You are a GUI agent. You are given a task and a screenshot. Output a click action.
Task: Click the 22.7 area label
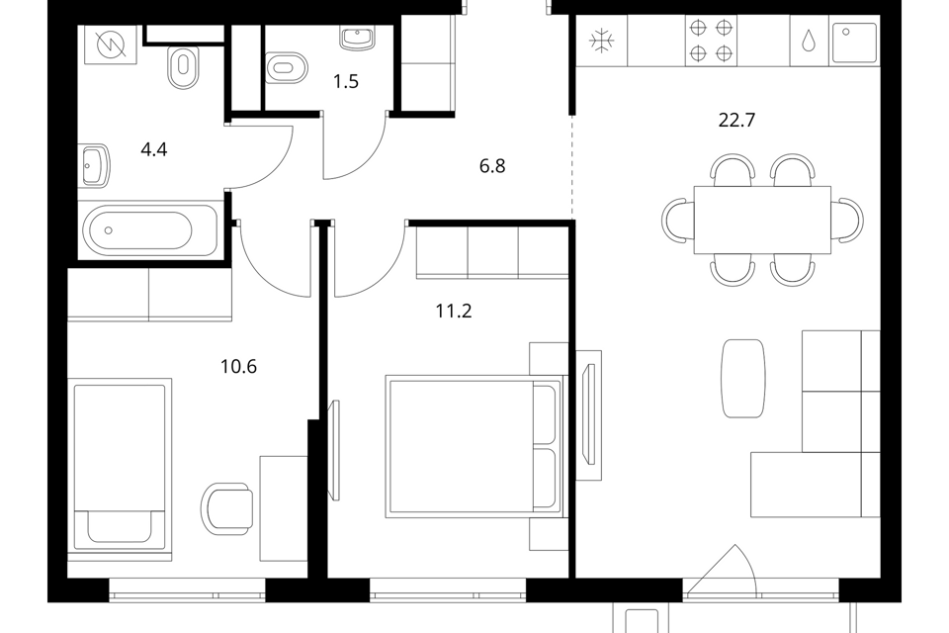[736, 120]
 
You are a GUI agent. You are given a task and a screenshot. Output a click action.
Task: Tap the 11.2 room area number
[454, 311]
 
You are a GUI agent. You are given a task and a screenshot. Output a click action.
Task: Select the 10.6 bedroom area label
[238, 367]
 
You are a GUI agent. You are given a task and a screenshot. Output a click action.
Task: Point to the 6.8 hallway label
[492, 165]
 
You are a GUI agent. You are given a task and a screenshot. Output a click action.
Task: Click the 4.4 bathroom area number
[154, 149]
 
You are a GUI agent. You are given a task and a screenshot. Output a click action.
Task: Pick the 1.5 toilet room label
[346, 81]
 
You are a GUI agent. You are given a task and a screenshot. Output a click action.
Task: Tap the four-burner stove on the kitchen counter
[711, 41]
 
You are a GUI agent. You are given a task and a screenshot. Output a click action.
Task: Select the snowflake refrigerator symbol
[602, 41]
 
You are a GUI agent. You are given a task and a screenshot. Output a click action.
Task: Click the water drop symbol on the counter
[808, 41]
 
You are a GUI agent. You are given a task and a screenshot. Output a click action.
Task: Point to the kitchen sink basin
[854, 43]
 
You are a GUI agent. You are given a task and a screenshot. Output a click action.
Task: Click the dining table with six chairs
[762, 220]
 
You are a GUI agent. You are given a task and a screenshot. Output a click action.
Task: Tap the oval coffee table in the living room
[743, 378]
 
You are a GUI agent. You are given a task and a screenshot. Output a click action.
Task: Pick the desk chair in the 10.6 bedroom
[227, 508]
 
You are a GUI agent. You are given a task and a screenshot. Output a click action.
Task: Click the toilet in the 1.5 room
[287, 67]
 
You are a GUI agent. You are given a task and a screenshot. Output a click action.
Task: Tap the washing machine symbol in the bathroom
[112, 45]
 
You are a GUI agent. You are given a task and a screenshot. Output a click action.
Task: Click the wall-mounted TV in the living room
[588, 415]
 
